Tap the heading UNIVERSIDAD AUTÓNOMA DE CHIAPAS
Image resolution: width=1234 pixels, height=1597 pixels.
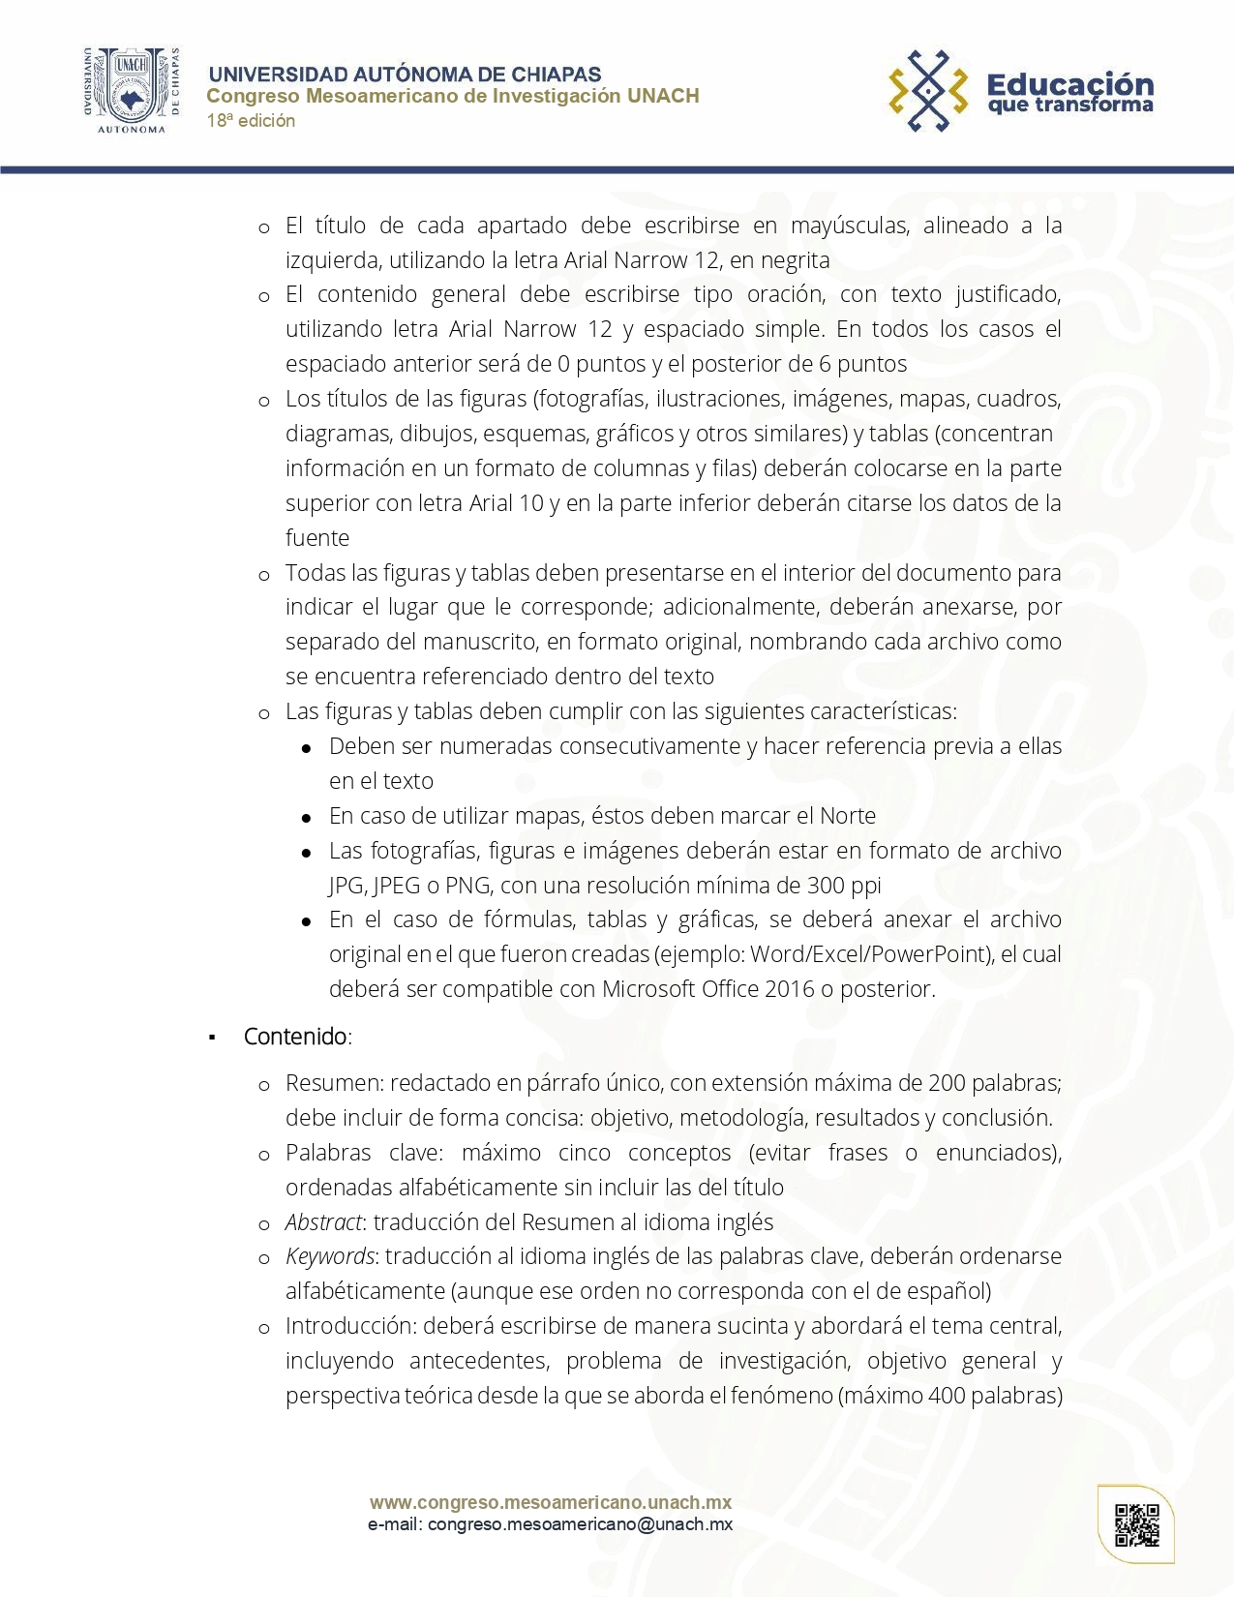405,75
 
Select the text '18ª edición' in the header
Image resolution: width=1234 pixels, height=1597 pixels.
251,121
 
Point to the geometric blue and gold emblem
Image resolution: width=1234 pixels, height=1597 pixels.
928,91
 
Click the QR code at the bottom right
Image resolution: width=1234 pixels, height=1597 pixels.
1136,1525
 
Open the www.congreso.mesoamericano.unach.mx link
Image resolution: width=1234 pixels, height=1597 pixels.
550,1502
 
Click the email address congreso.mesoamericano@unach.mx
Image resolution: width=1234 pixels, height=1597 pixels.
580,1524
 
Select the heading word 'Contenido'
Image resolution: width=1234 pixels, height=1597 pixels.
295,1037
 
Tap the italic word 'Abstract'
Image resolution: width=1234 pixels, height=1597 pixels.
323,1222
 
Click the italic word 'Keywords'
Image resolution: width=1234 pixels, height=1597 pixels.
329,1256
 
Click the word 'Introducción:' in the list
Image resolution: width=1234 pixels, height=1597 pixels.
350,1326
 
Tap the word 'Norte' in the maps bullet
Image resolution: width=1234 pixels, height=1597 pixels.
847,816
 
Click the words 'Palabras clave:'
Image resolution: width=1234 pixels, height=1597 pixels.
364,1153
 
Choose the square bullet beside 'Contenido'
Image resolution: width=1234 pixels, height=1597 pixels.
212,1039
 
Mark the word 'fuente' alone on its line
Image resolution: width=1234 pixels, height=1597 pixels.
317,538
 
